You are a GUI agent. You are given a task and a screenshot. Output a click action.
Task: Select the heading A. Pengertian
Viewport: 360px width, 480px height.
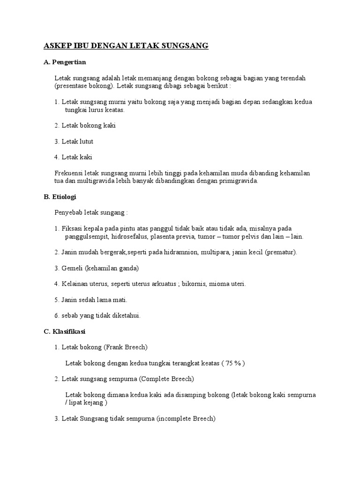[x=64, y=62]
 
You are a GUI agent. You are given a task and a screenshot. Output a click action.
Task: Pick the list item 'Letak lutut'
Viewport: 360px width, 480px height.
[x=77, y=141]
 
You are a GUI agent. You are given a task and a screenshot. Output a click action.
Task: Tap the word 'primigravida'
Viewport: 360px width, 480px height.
[x=238, y=180]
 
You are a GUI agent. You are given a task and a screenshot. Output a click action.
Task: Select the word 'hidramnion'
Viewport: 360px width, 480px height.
[x=180, y=252]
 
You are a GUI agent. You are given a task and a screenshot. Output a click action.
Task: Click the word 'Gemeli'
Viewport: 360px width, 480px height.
[x=72, y=268]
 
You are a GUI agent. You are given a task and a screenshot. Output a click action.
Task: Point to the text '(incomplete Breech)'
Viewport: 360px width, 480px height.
[x=186, y=419]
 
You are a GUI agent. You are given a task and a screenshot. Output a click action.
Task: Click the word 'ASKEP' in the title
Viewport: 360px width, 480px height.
[x=56, y=46]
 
